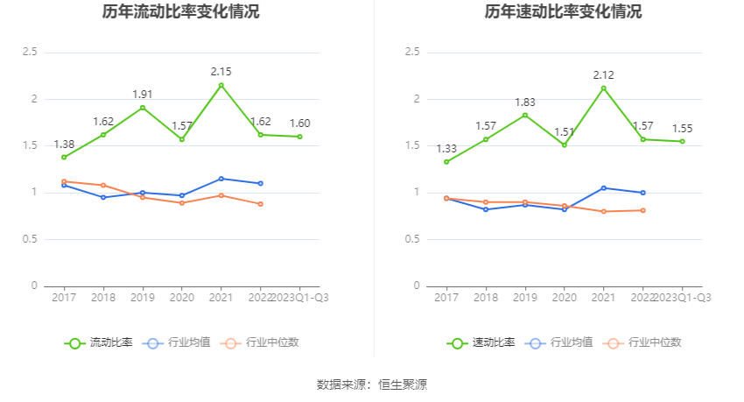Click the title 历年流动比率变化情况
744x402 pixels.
[181, 12]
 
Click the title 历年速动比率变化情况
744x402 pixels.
[563, 12]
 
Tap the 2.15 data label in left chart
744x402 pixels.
[221, 71]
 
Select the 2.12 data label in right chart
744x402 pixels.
[603, 74]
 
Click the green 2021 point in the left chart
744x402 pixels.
[221, 85]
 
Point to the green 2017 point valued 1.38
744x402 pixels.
[64, 157]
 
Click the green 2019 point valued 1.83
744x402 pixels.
[525, 115]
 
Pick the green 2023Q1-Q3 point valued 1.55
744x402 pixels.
[683, 141]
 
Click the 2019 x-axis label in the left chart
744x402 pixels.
[143, 298]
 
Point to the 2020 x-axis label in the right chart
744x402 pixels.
[565, 298]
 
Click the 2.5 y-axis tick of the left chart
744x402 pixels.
[30, 53]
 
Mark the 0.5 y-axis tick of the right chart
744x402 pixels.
[412, 239]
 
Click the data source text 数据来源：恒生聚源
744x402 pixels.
[372, 384]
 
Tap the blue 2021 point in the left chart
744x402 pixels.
[221, 179]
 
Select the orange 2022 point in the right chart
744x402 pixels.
[643, 210]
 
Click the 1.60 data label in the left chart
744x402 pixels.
[300, 123]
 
